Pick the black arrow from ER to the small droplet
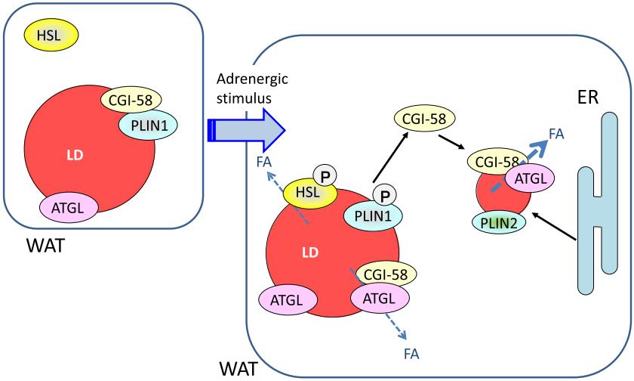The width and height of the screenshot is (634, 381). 555,228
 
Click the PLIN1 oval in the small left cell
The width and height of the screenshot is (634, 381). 147,124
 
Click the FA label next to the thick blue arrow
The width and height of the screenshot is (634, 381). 556,134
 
